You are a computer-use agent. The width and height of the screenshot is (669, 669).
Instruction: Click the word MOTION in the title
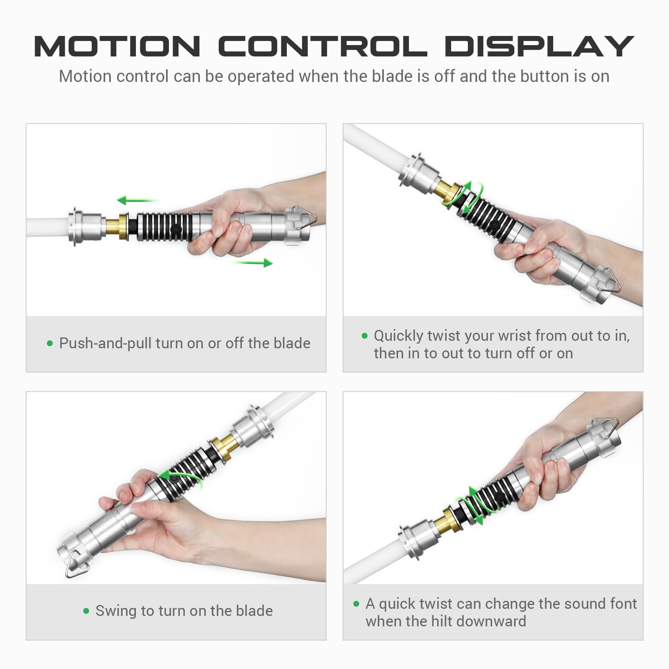(117, 46)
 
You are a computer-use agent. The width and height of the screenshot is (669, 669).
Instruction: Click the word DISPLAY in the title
(539, 46)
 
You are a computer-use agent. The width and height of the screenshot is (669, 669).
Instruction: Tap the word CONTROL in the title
(323, 46)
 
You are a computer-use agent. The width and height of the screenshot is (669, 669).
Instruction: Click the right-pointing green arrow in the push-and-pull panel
(252, 263)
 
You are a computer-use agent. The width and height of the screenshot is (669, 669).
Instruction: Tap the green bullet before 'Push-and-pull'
(50, 343)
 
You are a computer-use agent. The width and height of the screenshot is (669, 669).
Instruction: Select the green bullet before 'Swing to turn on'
(86, 611)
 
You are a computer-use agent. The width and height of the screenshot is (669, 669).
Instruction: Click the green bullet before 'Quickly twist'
(365, 335)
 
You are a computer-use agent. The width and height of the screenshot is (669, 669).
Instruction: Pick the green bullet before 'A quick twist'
(356, 603)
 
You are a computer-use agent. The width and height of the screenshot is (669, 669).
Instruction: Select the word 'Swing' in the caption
(116, 611)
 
